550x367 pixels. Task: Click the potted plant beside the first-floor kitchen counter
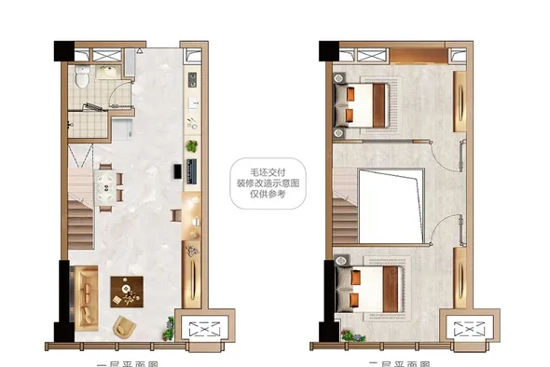[x=192, y=147]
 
